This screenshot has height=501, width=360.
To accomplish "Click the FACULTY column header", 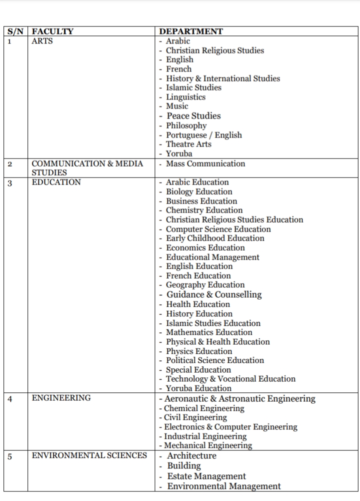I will click(x=52, y=31).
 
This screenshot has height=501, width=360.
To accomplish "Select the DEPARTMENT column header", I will click(x=190, y=31).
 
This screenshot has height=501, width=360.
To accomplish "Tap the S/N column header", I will click(x=17, y=31).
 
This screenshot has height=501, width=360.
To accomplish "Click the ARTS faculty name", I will click(x=42, y=41).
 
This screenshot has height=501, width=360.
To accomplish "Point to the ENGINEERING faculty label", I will click(x=61, y=398).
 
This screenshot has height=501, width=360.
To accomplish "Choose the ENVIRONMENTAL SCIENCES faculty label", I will click(x=89, y=455).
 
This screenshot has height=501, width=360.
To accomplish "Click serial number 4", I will click(x=10, y=398).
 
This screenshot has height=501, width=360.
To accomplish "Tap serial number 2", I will click(x=10, y=164).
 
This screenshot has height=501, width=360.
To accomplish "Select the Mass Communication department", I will click(x=205, y=163).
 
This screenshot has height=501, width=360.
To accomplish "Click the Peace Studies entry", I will click(x=193, y=116).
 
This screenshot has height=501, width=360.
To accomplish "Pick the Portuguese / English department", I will click(x=203, y=135).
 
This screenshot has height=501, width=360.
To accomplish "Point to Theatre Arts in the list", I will click(x=188, y=144).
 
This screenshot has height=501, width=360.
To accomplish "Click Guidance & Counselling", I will click(x=213, y=294).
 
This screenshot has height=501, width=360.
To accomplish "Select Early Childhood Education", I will click(x=215, y=238).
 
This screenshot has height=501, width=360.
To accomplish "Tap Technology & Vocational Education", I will click(x=230, y=379).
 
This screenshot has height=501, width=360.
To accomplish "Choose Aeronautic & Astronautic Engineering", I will click(x=239, y=398).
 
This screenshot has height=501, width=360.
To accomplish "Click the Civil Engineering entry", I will click(x=195, y=417).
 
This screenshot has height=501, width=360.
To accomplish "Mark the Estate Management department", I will click(x=206, y=476).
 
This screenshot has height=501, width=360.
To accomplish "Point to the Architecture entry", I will click(x=191, y=455).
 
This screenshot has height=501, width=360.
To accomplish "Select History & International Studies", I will click(x=223, y=78).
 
